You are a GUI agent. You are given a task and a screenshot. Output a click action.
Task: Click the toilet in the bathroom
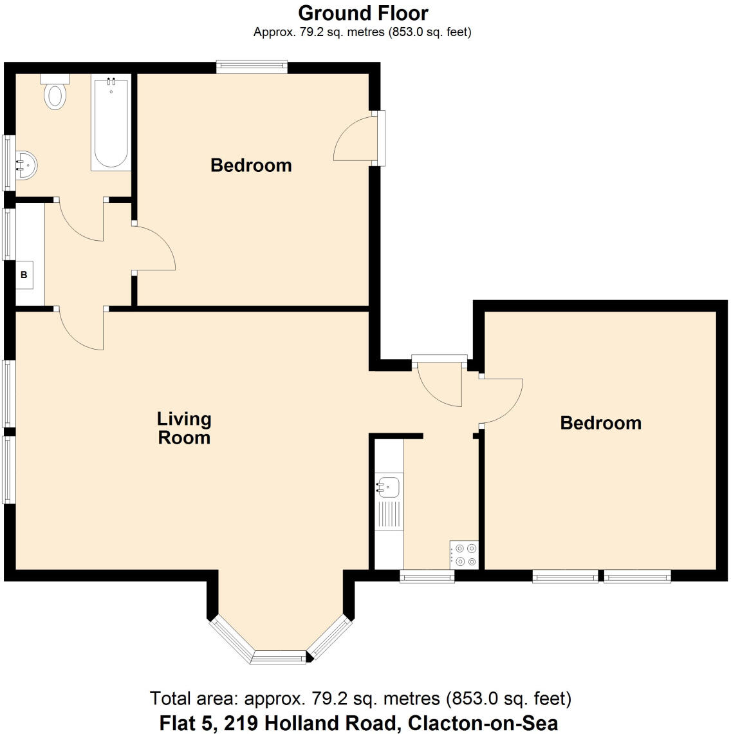click(55, 92)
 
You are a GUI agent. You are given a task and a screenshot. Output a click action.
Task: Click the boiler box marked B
click(24, 275)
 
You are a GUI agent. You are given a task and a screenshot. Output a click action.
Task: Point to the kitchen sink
click(388, 486)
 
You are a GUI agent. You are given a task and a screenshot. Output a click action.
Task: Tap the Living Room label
click(184, 428)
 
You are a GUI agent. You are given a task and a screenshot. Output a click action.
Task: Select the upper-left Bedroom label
click(251, 165)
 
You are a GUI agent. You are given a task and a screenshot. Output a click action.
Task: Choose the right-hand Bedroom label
click(600, 423)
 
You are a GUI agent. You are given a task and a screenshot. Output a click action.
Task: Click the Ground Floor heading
click(363, 13)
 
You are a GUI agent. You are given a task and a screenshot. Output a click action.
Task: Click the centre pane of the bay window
click(279, 657)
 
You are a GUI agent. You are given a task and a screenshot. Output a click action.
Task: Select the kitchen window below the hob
click(427, 578)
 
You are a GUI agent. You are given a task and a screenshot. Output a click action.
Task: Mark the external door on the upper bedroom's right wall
click(380, 138)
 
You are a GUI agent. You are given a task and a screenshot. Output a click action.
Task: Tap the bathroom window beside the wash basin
click(8, 162)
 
